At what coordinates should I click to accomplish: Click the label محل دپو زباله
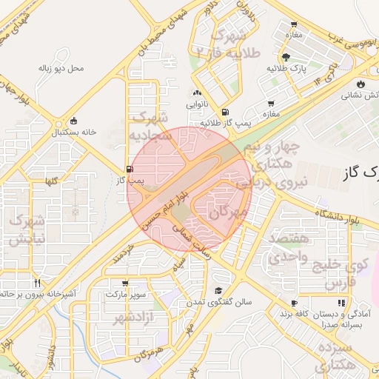click(x=61, y=69)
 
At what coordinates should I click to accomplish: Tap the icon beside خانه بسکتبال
click(x=73, y=121)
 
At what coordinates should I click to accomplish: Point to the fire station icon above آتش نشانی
click(x=361, y=84)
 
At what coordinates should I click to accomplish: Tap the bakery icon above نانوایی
click(x=197, y=93)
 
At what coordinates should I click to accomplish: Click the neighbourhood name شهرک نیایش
click(x=27, y=229)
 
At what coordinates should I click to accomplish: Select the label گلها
click(x=51, y=181)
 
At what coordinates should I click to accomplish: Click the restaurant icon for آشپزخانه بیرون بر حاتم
click(x=36, y=283)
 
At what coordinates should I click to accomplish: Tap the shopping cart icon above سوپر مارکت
click(x=124, y=283)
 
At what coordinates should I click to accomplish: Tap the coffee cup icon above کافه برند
click(x=294, y=303)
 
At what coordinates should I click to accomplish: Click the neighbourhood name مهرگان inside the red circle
click(x=227, y=212)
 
